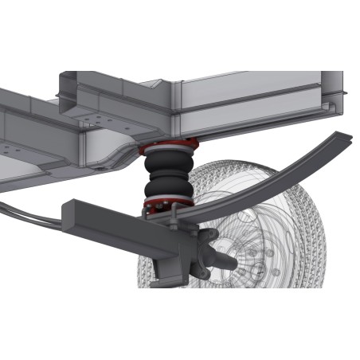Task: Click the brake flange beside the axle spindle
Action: pyautogui.click(x=209, y=242)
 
